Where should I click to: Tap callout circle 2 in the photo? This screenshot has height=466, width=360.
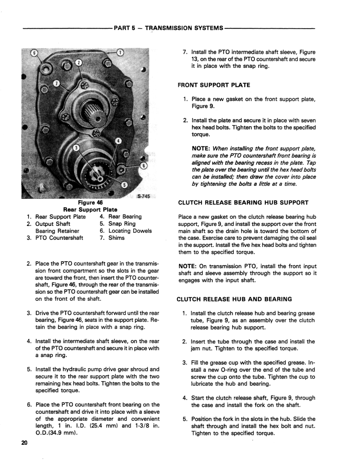(79, 62)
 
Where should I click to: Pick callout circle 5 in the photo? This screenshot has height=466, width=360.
(125, 185)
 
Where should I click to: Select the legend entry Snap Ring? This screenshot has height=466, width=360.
(122, 224)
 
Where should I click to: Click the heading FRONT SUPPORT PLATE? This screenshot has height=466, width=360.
(214, 85)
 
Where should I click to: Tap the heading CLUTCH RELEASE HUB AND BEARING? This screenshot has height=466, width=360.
(235, 299)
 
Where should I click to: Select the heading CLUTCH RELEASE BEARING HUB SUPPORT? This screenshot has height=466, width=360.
(243, 203)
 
